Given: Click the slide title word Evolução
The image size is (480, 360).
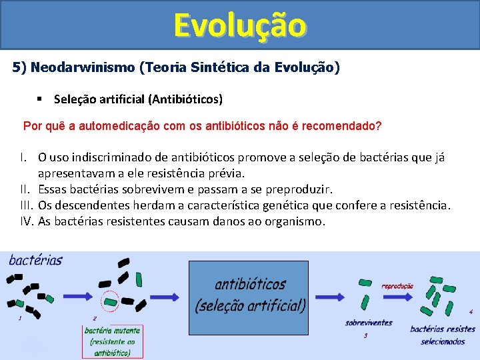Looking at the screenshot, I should click(240, 25).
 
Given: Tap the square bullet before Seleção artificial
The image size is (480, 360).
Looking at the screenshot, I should click(41, 99).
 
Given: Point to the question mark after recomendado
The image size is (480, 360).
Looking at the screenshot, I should click(378, 126).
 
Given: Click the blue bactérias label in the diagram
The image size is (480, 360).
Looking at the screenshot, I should click(35, 261).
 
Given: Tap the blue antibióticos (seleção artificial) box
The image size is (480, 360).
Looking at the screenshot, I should click(249, 297).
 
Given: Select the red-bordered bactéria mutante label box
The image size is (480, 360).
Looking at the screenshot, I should click(112, 341).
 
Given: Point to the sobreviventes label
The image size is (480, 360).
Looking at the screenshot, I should click(369, 323).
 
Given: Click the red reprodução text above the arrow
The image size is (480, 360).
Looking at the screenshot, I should click(397, 286).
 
